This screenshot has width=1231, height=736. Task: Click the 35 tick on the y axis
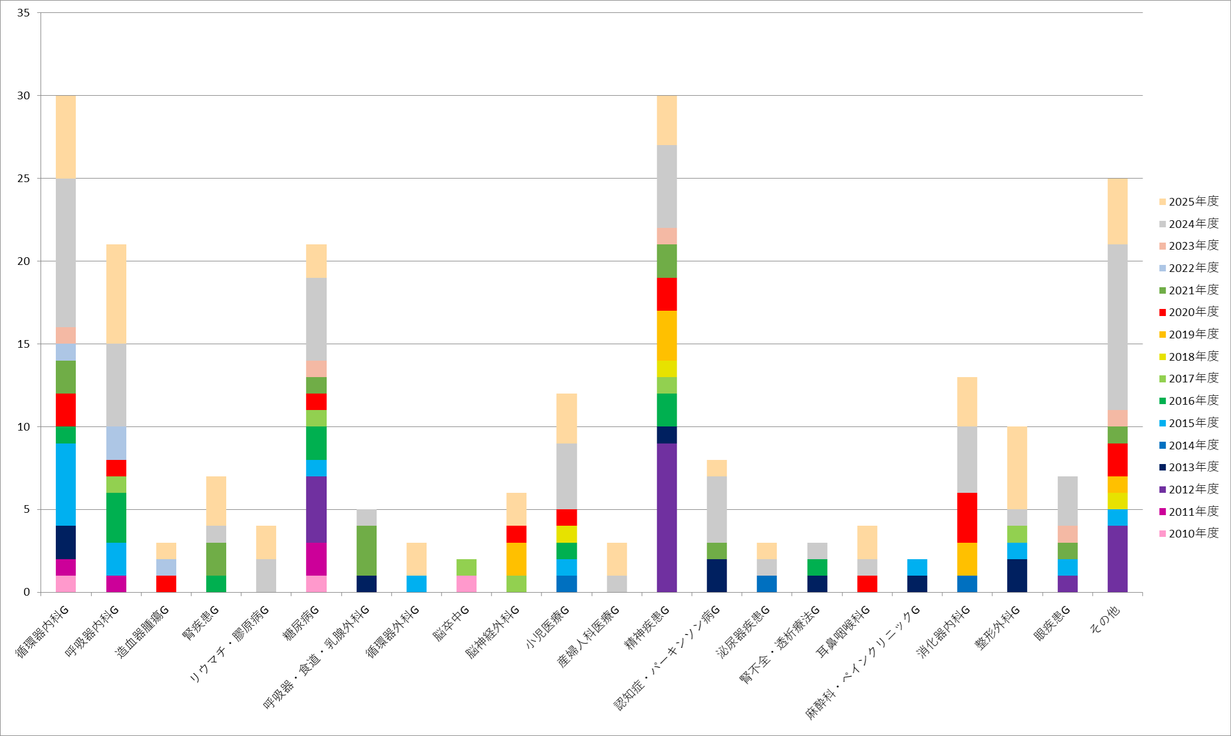pos(23,12)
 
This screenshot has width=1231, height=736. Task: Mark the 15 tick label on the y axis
pos(23,344)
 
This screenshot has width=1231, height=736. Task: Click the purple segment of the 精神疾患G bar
pos(667,517)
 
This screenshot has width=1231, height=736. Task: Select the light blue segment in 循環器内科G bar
pos(66,484)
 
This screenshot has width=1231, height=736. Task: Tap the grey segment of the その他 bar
pos(1117,327)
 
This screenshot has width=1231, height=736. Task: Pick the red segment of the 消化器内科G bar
pos(967,517)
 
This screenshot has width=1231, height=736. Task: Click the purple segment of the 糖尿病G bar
pos(316,509)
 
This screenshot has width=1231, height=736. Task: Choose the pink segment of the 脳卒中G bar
pos(466,583)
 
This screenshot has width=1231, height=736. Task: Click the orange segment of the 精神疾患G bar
pos(667,335)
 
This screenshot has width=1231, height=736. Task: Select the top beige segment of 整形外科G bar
pos(1017,468)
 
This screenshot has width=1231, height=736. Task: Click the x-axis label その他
pos(1104,619)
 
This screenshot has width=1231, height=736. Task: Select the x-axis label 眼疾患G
pos(1052,623)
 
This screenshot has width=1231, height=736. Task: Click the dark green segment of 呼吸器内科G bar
pos(116,517)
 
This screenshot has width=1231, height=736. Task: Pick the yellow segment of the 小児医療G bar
pos(566,534)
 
